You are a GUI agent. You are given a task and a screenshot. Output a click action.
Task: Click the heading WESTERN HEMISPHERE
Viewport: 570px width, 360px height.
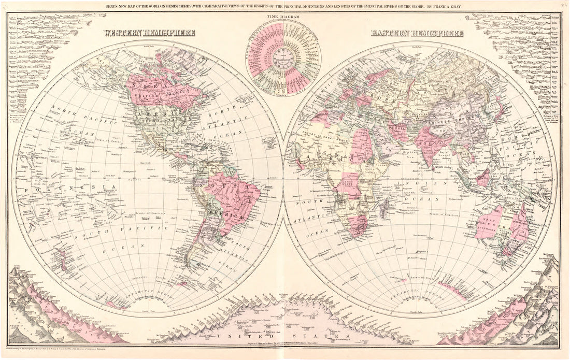149,33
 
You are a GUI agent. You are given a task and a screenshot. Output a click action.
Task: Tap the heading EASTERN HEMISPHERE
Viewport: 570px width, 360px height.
417,33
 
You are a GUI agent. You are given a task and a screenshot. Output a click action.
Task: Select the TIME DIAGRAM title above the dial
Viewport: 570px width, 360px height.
282,17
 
